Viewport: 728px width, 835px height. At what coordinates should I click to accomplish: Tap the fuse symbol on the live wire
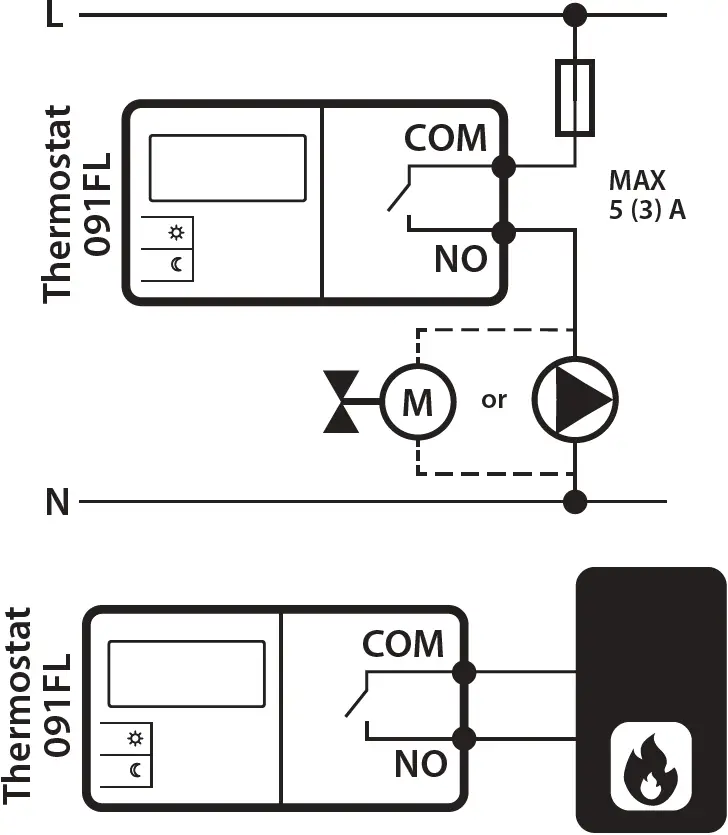point(575,97)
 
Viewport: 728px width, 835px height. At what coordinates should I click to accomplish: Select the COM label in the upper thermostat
point(445,138)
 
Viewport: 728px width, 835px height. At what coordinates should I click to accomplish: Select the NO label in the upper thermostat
point(460,259)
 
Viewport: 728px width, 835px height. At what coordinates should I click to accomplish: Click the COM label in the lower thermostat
point(403,644)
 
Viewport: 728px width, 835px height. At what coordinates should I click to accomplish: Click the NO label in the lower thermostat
point(420,765)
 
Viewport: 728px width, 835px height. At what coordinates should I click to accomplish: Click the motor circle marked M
point(417,403)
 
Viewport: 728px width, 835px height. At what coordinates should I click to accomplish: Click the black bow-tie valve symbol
point(341,402)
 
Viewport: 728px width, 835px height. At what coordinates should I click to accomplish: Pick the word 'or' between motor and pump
point(494,400)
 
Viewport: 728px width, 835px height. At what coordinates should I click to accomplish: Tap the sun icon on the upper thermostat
point(176,234)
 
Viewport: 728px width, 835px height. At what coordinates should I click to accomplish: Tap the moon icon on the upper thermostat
point(176,264)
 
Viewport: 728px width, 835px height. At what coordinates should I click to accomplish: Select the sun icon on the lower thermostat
point(135,739)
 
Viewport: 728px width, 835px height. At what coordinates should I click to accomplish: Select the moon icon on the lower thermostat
point(135,769)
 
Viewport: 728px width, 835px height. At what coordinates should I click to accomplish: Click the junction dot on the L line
point(575,15)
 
